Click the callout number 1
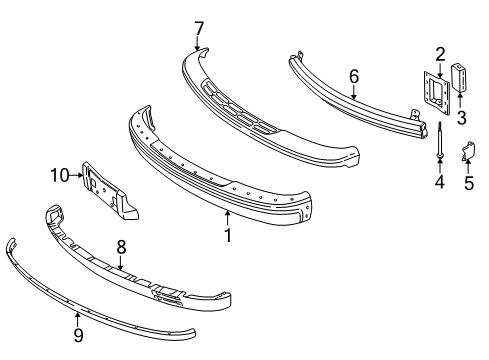pyautogui.click(x=228, y=235)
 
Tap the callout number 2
pyautogui.click(x=439, y=53)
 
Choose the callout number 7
pyautogui.click(x=198, y=27)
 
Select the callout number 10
pyautogui.click(x=60, y=176)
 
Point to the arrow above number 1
pyautogui.click(x=228, y=216)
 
